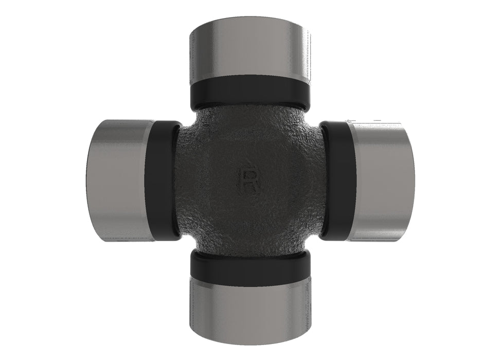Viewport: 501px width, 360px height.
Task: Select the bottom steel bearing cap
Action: click(x=250, y=310)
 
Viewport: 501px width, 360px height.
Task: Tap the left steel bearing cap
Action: click(x=118, y=179)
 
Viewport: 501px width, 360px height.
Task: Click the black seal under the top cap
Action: click(x=250, y=93)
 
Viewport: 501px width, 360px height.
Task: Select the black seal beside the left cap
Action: click(x=163, y=180)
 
